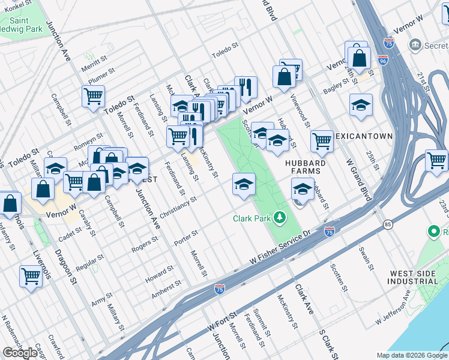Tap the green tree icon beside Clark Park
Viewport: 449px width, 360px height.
(x=280, y=217)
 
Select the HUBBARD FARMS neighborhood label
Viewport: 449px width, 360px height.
(x=305, y=167)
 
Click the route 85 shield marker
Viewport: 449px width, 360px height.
(x=385, y=224)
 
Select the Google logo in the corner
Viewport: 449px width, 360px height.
(x=20, y=353)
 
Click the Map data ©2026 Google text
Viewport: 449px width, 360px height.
(x=412, y=355)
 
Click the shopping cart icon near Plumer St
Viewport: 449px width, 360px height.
(x=94, y=96)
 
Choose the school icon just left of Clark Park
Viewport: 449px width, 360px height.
(x=244, y=184)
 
